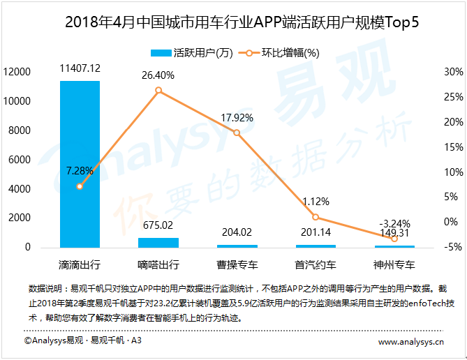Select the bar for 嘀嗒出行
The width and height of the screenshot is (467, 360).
click(158, 242)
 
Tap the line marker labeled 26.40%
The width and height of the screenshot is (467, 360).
click(158, 91)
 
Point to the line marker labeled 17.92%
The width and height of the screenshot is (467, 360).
click(237, 133)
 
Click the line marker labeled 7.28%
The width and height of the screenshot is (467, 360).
click(80, 186)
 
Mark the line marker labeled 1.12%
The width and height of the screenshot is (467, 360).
click(316, 217)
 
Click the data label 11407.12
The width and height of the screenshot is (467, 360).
click(80, 68)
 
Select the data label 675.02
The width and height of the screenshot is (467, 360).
click(158, 225)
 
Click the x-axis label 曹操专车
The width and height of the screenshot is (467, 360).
click(237, 265)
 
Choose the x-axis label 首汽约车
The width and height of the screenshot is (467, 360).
click(316, 265)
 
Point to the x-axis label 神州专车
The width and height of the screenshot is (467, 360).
click(394, 265)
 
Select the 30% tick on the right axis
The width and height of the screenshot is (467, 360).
click(453, 72)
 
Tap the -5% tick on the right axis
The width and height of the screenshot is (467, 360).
click(453, 247)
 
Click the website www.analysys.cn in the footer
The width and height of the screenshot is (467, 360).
click(411, 342)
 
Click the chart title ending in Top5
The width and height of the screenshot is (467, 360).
click(233, 22)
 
